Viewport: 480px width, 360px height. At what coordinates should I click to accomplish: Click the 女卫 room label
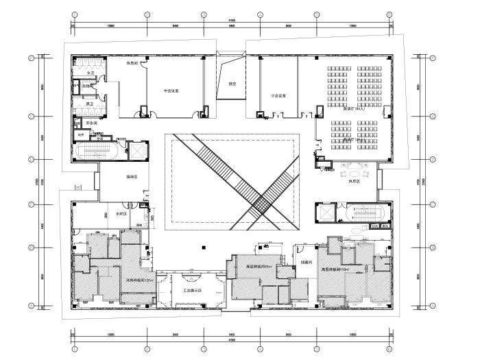coord(90,71)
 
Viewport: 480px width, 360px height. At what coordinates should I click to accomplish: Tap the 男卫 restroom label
coord(90,104)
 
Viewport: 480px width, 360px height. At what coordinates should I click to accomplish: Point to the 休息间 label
coord(133,63)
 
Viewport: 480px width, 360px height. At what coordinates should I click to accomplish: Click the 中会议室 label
coord(171,91)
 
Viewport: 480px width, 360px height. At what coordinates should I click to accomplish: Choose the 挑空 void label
coord(232,84)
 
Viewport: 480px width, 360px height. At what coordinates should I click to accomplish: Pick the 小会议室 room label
coord(278,95)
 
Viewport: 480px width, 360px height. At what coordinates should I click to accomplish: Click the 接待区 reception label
coord(132,177)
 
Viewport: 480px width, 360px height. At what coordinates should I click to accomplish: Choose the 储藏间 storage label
coord(306,262)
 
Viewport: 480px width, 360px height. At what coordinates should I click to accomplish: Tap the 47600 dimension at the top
coord(232,21)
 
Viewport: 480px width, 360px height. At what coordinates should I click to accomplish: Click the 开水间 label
coord(90,122)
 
